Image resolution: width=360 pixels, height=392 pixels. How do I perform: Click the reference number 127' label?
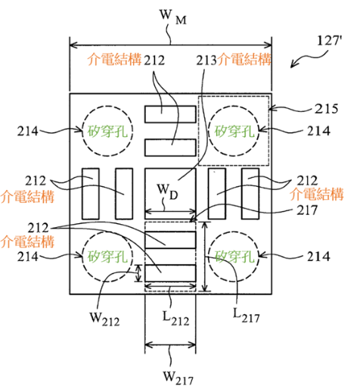click(x=330, y=41)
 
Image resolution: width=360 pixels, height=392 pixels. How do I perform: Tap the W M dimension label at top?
click(x=173, y=17)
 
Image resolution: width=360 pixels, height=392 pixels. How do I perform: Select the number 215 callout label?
click(x=326, y=109)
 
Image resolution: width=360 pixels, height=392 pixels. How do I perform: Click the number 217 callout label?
click(x=307, y=210)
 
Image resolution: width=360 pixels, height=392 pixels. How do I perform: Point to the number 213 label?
click(x=206, y=61)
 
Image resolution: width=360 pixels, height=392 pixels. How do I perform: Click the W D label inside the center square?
click(x=167, y=191)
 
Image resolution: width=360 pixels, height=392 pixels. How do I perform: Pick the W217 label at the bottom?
click(x=178, y=378)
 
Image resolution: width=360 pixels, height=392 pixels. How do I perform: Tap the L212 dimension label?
click(x=175, y=319)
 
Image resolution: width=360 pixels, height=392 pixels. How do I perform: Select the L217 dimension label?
click(x=246, y=316)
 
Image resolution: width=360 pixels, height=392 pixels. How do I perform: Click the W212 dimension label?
click(x=104, y=319)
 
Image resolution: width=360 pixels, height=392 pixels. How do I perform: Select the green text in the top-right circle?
click(x=234, y=131)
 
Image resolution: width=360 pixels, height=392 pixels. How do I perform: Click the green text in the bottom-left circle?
click(x=107, y=257)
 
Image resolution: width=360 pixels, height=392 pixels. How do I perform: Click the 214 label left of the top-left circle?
click(x=27, y=131)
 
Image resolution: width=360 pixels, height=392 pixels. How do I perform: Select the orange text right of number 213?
click(x=244, y=60)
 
